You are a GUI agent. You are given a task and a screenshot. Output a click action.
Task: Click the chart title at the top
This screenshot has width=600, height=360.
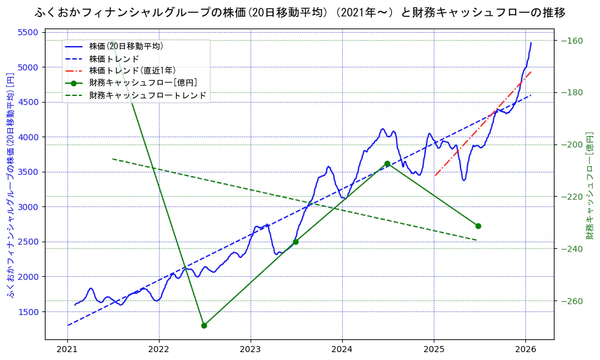coord(300,12)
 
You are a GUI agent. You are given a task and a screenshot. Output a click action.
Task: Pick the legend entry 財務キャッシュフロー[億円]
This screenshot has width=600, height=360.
coord(143,83)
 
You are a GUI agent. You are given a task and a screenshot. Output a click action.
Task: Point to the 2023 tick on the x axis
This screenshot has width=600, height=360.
coord(251,349)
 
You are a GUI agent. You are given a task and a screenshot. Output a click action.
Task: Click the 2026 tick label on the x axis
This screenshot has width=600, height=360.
coord(525,349)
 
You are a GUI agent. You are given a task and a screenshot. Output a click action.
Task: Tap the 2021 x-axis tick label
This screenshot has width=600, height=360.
coord(67,349)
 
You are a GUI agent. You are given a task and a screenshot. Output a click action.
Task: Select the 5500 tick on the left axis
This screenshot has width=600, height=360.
coord(29,32)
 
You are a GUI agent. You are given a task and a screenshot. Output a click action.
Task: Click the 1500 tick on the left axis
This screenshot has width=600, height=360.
coord(29,311)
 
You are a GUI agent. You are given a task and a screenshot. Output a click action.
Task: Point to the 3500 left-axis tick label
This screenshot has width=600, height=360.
coord(29,172)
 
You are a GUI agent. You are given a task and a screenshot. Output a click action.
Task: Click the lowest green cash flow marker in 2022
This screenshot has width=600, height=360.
coord(204,325)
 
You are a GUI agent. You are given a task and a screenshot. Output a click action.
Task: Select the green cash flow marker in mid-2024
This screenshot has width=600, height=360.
coord(387,163)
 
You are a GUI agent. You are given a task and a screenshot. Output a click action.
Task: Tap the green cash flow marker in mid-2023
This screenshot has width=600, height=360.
coord(295,242)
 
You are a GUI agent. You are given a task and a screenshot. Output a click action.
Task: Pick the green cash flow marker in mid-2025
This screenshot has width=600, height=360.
coord(478,226)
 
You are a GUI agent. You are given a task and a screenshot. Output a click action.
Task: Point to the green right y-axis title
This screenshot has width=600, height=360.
coord(589,185)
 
